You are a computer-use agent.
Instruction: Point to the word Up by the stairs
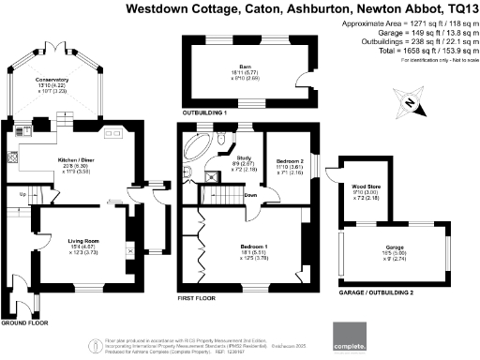pos(22,195)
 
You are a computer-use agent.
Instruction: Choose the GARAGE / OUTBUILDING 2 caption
pos(375,291)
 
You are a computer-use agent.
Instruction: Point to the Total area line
pos(417,52)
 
